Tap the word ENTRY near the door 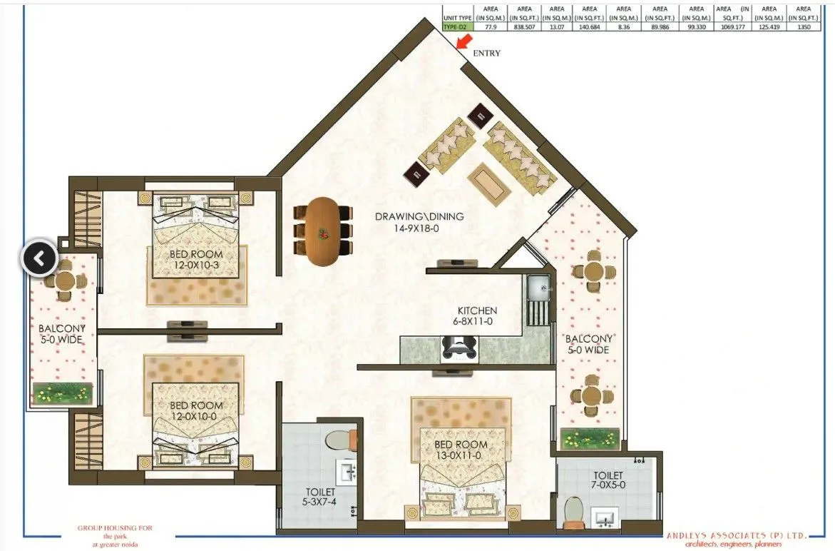point(486,53)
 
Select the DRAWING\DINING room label point(419,222)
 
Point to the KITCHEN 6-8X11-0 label point(477,316)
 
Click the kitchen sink point(540,290)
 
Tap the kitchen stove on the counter point(459,348)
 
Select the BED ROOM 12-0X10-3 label point(195,260)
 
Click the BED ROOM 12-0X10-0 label point(195,411)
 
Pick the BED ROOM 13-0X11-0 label point(461,450)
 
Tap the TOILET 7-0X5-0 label point(608,480)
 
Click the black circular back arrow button point(39,258)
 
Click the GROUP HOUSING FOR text point(115,529)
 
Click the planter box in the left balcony point(62,393)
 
